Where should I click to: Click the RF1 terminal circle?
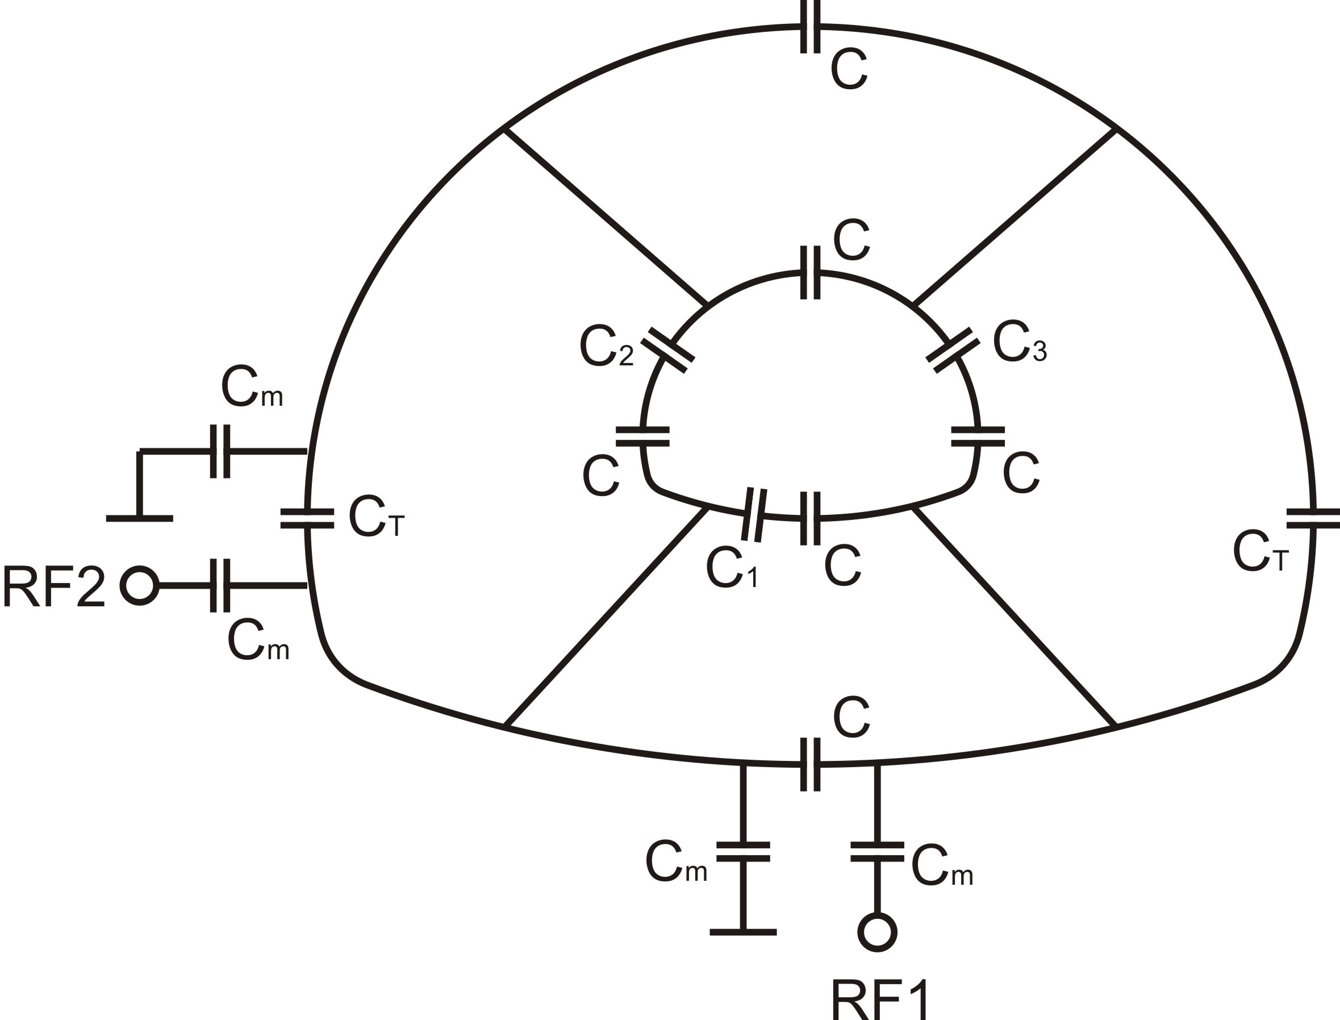click(877, 932)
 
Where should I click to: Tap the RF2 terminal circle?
click(140, 586)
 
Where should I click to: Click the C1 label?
click(732, 568)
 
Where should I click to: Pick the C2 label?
click(606, 348)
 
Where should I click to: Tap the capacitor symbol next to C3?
click(953, 349)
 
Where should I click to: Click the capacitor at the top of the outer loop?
click(810, 26)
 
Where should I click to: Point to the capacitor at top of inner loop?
click(810, 273)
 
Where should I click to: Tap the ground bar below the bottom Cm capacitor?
click(743, 932)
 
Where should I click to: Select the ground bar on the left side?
click(140, 518)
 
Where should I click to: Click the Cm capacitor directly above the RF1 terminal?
click(877, 852)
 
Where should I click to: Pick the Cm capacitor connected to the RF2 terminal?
click(220, 586)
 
